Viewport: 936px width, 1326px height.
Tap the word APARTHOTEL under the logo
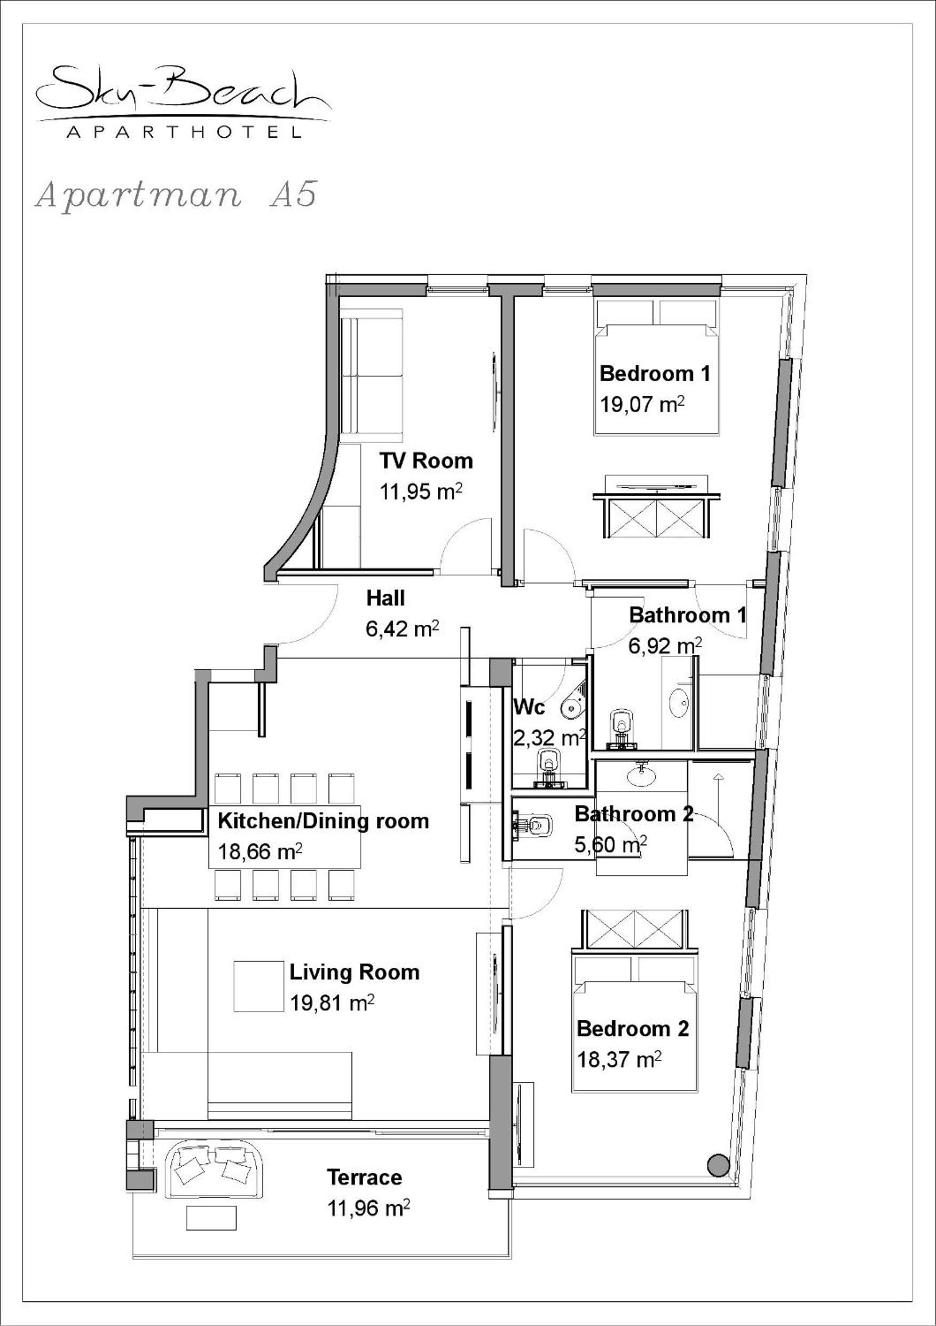(x=184, y=132)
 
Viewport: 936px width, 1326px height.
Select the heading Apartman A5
(x=176, y=195)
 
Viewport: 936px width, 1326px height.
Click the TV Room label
(x=426, y=461)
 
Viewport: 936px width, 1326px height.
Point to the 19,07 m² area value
(x=642, y=404)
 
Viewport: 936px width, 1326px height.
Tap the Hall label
(x=386, y=598)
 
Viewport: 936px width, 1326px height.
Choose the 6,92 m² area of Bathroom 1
(x=665, y=646)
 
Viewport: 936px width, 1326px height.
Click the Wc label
(x=529, y=707)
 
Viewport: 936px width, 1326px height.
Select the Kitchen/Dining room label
(x=323, y=821)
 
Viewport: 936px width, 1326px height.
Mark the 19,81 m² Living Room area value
(x=332, y=1003)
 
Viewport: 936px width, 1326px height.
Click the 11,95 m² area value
(x=421, y=492)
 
